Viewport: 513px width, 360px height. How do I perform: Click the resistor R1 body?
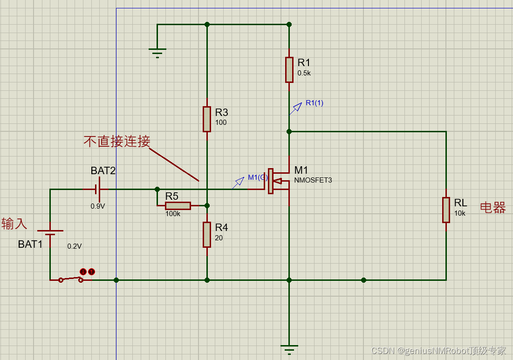tap(289, 69)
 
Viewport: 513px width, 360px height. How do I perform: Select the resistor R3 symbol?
tap(207, 119)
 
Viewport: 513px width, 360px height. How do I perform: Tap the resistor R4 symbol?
tap(207, 234)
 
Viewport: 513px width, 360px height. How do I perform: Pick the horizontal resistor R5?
tap(178, 205)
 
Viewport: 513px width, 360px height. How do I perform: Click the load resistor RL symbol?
tap(446, 210)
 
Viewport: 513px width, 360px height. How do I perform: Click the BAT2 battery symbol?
tap(97, 189)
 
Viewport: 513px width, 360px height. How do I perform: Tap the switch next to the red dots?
tap(70, 279)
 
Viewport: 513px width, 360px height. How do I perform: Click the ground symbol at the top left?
tap(157, 52)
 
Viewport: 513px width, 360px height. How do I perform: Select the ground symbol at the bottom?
tap(289, 349)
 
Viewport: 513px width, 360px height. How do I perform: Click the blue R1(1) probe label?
tap(314, 103)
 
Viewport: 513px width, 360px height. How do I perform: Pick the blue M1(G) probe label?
tap(257, 177)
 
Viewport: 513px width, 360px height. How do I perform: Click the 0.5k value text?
tap(304, 73)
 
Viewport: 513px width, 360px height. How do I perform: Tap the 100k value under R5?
tap(173, 214)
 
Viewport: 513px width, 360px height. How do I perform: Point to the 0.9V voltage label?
tap(98, 206)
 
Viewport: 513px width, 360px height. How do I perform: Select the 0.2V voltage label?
tap(75, 246)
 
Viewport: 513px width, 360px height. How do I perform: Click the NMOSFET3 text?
tap(313, 180)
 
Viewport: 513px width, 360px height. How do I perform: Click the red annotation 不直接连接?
tap(117, 142)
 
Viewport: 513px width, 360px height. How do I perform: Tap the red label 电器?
tap(492, 208)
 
